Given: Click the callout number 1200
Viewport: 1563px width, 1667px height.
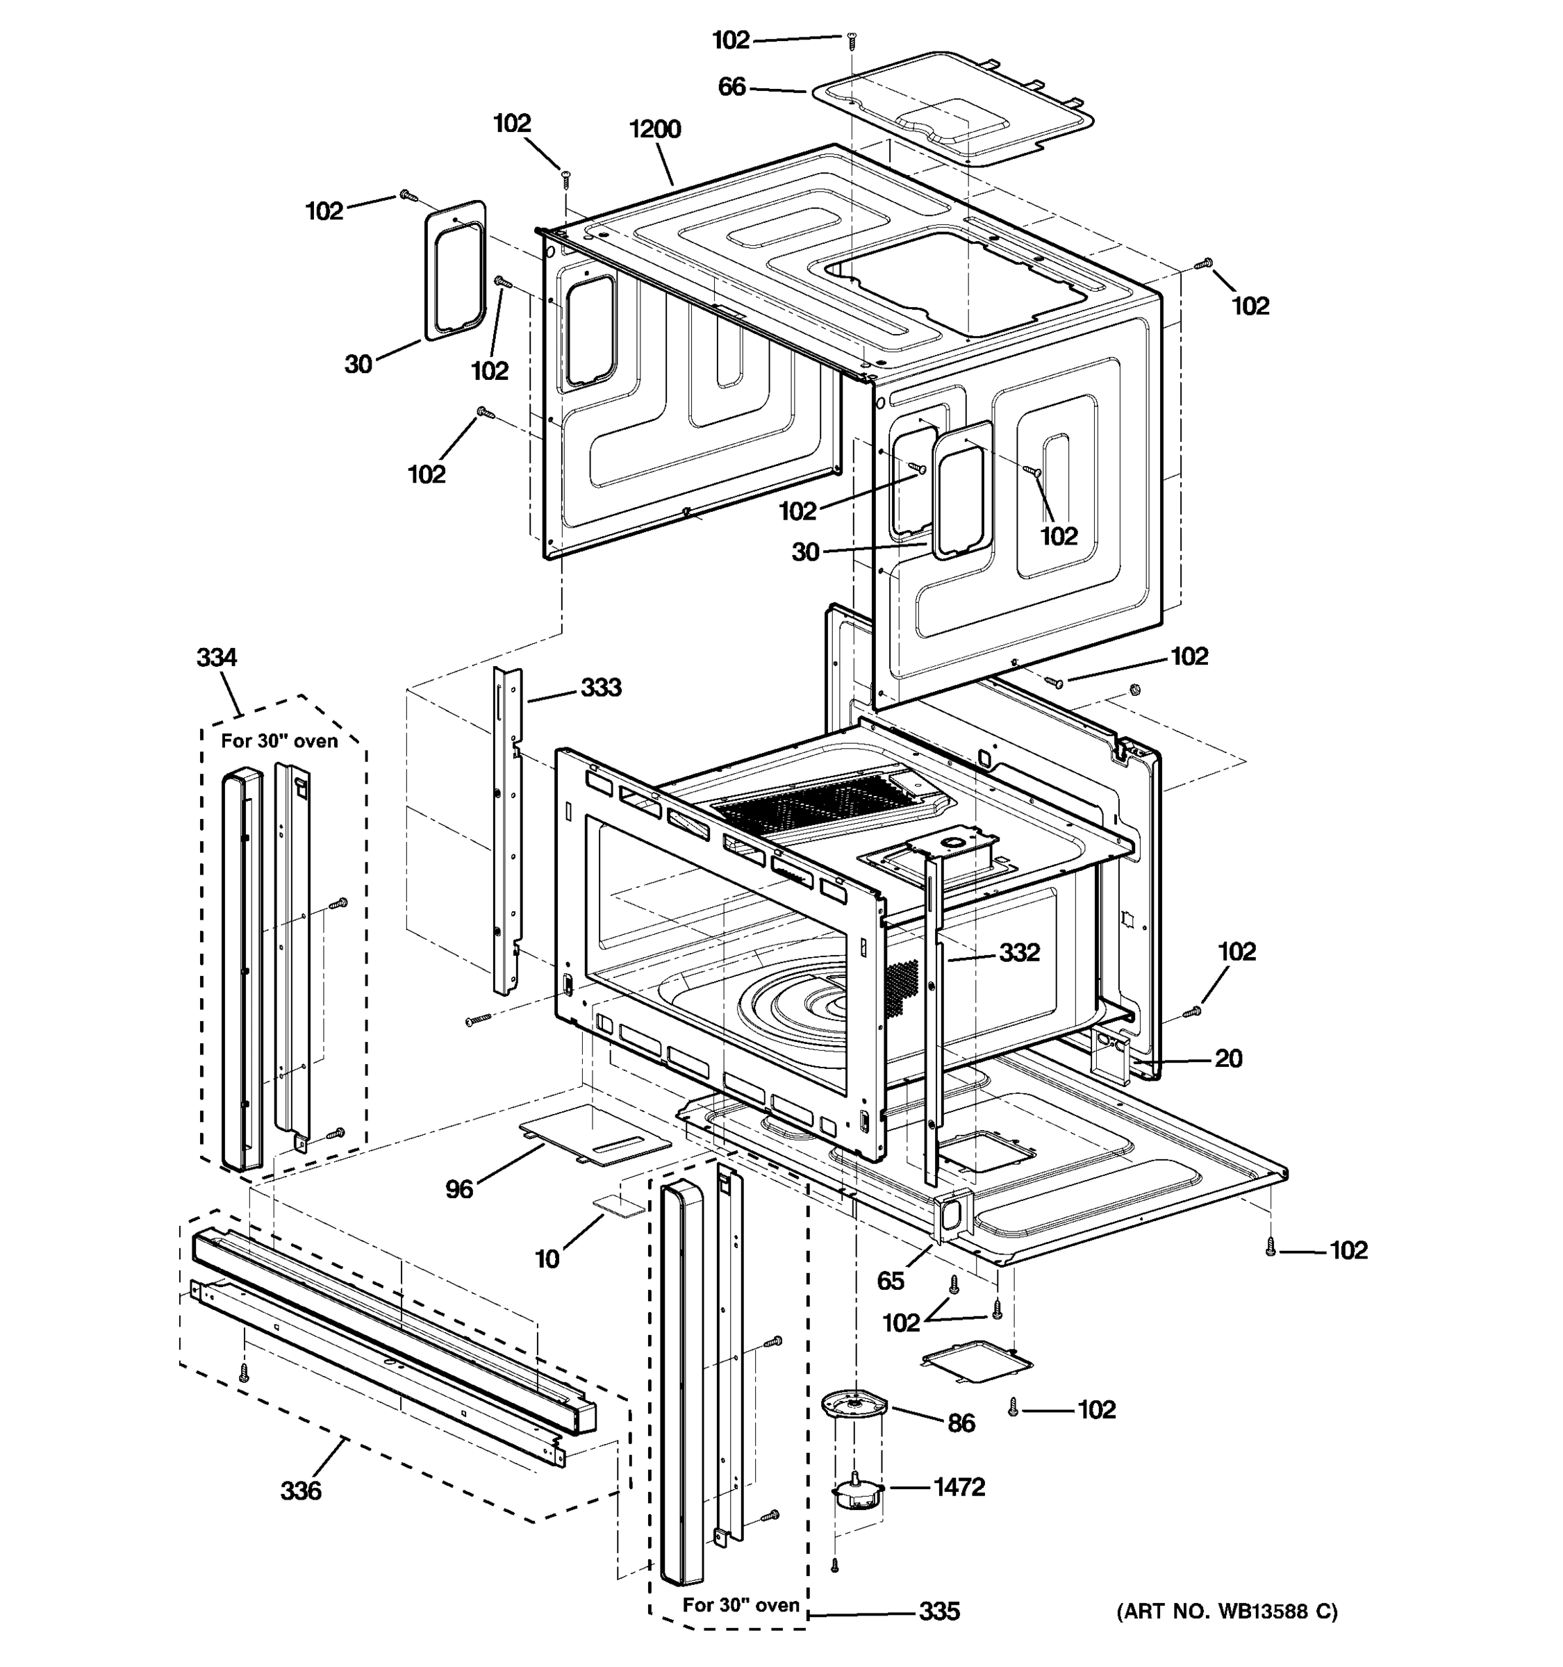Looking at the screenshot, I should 655,129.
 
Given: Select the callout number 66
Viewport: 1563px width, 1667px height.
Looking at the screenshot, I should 731,88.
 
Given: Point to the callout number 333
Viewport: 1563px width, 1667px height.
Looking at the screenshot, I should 600,688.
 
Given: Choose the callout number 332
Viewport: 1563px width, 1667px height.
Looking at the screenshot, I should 1019,952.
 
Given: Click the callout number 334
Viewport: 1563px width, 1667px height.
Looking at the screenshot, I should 216,657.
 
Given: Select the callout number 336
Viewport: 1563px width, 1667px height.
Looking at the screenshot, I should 300,1491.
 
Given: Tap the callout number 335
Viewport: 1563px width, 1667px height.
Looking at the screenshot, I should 938,1611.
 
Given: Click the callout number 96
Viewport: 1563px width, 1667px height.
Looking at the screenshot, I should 458,1189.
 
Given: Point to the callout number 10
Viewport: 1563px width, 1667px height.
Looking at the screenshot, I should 547,1259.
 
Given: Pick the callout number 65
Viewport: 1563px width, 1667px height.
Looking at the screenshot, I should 891,1280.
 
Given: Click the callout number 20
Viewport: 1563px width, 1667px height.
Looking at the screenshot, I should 1227,1059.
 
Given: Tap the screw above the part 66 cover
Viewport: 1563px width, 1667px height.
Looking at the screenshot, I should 852,37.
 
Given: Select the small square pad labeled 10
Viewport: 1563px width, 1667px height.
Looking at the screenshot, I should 619,1204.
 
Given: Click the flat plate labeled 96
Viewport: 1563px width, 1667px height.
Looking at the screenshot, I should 594,1134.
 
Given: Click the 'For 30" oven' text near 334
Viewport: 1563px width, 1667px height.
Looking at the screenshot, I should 279,741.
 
